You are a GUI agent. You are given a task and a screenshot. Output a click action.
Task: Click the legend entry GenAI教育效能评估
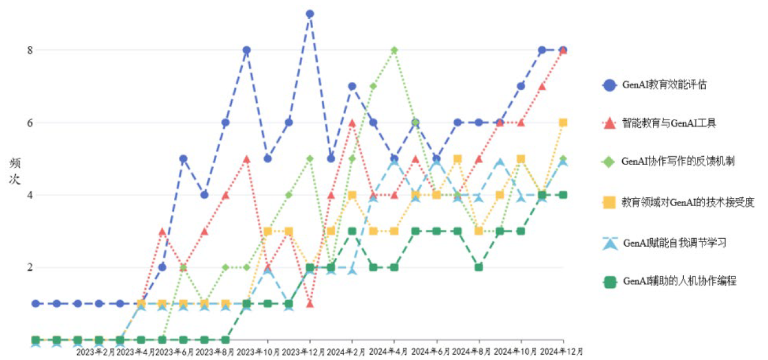[x=664, y=85]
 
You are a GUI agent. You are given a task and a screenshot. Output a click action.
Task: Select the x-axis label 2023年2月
[x=96, y=352]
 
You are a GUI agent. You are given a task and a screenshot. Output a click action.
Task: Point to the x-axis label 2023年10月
[x=265, y=352]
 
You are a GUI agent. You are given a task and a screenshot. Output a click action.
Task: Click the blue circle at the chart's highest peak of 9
[x=310, y=14]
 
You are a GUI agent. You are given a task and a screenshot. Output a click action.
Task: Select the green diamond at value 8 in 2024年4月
[x=394, y=50]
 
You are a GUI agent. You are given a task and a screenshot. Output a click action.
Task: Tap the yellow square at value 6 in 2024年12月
[x=563, y=123]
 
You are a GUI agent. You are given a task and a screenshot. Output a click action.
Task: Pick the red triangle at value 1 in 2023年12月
[x=310, y=304]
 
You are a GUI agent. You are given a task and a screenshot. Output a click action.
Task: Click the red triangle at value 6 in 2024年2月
[x=352, y=123]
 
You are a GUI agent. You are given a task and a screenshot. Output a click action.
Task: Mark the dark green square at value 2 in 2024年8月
[x=479, y=268]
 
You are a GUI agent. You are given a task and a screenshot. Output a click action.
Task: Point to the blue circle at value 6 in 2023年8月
[x=225, y=123]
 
